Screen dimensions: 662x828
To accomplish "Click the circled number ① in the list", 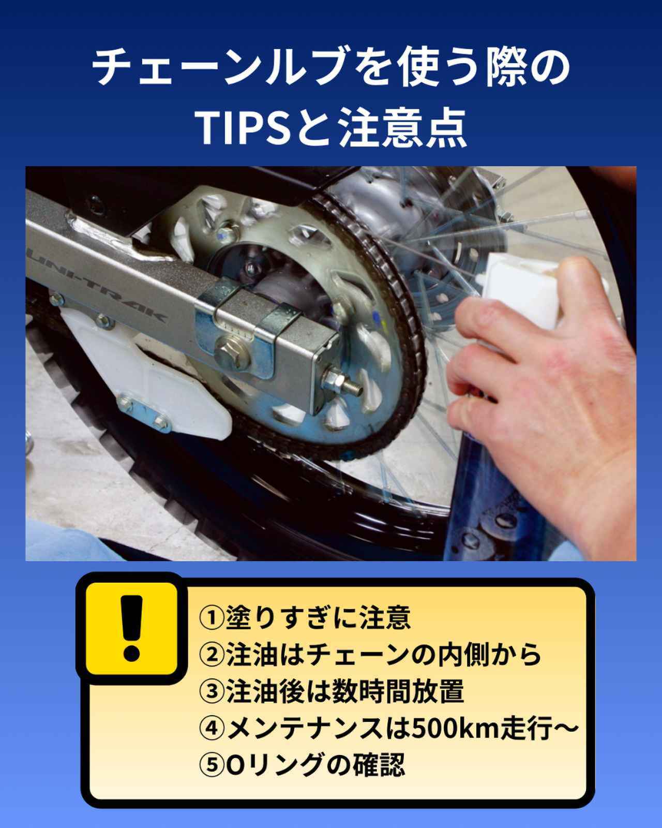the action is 211,617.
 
